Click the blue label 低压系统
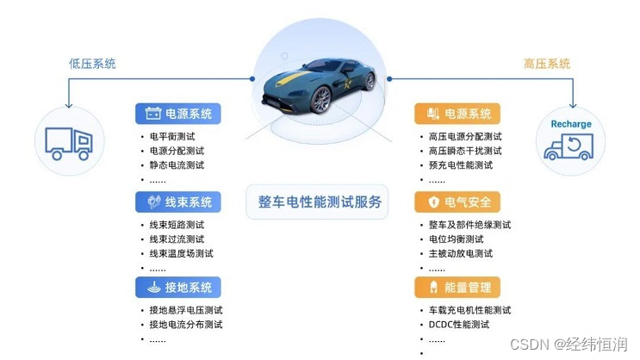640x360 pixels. (x=92, y=64)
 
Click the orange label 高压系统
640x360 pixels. (x=547, y=64)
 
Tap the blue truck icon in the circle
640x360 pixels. (x=69, y=140)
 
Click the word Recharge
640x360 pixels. (x=571, y=124)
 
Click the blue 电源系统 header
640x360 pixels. (x=178, y=113)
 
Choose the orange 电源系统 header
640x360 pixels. (x=457, y=113)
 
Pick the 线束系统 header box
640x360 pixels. (x=178, y=202)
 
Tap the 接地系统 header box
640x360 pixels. (x=178, y=287)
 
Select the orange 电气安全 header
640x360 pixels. (x=457, y=202)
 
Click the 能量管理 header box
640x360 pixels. (x=457, y=287)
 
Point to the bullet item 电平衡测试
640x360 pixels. (x=171, y=136)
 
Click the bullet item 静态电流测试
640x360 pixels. (x=177, y=164)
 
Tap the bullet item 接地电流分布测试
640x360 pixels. (x=186, y=325)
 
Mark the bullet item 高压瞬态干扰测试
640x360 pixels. (x=465, y=151)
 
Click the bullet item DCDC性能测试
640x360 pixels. (x=459, y=325)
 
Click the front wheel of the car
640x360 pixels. (x=320, y=101)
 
